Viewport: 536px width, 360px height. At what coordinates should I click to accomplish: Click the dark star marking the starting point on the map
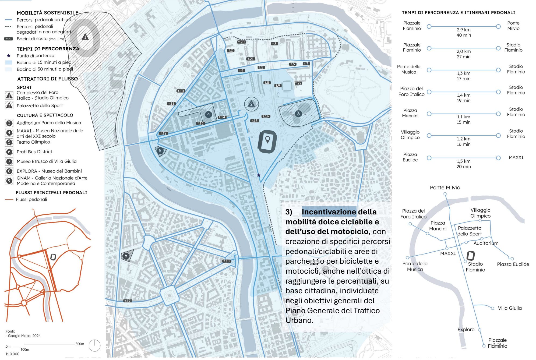pyautogui.click(x=259, y=175)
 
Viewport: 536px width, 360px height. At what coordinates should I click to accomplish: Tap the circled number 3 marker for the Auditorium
pyautogui.click(x=298, y=114)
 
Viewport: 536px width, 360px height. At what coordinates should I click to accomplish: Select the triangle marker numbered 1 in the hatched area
pyautogui.click(x=85, y=37)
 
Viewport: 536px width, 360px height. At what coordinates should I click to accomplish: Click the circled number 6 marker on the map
pyautogui.click(x=126, y=256)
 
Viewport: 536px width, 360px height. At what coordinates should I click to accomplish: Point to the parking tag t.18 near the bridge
pyautogui.click(x=227, y=261)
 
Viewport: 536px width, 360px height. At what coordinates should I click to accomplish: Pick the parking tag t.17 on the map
pyautogui.click(x=127, y=301)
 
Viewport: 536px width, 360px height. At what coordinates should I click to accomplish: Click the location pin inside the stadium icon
pyautogui.click(x=267, y=139)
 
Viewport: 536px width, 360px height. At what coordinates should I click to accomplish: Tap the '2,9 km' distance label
pyautogui.click(x=464, y=30)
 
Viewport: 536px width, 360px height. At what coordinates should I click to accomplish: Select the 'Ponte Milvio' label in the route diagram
pyautogui.click(x=445, y=188)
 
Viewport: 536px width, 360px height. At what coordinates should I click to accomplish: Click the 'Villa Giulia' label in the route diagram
pyautogui.click(x=510, y=308)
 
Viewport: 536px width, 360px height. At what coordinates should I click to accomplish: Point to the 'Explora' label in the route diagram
pyautogui.click(x=466, y=329)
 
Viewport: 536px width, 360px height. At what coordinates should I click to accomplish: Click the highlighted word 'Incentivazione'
pyautogui.click(x=329, y=212)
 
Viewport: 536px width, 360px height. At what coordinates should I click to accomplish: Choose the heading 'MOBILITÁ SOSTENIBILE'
pyautogui.click(x=47, y=13)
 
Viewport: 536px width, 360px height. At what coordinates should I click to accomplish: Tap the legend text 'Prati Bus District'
pyautogui.click(x=34, y=152)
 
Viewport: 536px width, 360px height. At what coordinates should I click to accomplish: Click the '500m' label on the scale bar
pyautogui.click(x=80, y=344)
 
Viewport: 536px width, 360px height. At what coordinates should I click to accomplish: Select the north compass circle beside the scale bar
pyautogui.click(x=94, y=345)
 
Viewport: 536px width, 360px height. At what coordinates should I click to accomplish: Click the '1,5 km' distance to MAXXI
pyautogui.click(x=463, y=161)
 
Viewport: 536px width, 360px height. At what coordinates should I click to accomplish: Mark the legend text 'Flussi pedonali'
pyautogui.click(x=31, y=199)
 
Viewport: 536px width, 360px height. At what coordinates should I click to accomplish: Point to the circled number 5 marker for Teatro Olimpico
pyautogui.click(x=160, y=151)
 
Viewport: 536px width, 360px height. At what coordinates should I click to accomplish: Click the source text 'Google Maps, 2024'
pyautogui.click(x=24, y=336)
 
